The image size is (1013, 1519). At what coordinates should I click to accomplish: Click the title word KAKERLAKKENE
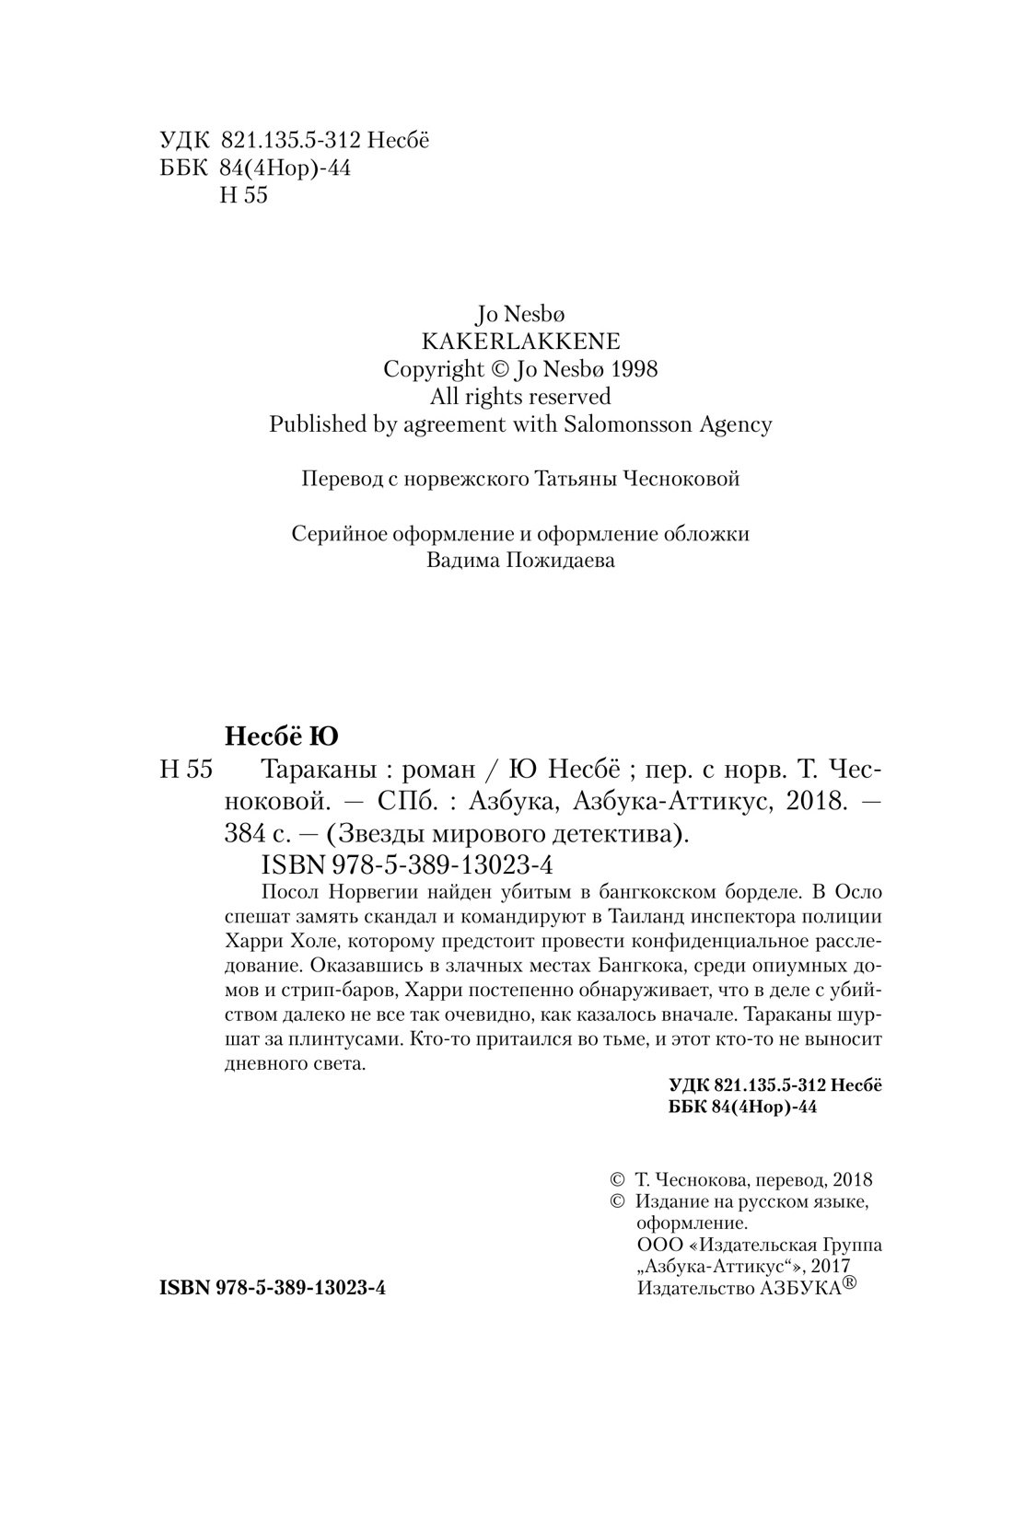(x=519, y=341)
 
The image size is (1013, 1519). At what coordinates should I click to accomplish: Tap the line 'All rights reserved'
(x=520, y=396)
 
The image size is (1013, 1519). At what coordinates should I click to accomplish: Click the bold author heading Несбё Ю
(x=282, y=736)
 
